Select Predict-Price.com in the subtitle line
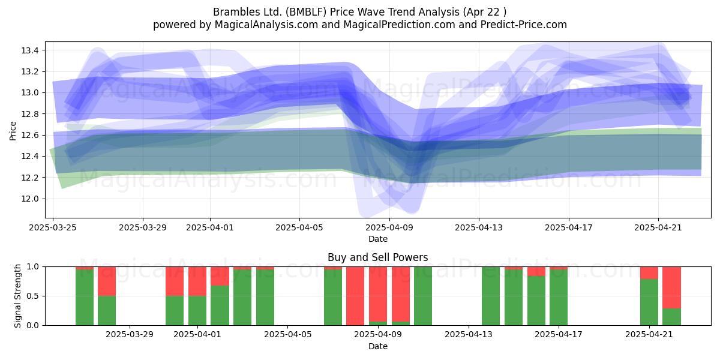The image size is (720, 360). [x=524, y=25]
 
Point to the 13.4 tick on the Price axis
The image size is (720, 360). [x=30, y=50]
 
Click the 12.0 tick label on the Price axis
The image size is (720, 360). [x=30, y=199]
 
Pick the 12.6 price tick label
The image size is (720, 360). [x=30, y=135]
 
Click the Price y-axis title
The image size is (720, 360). [x=13, y=131]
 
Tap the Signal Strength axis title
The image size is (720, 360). [x=17, y=296]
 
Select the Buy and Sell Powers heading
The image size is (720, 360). [x=377, y=257]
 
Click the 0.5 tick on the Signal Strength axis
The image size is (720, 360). [x=34, y=296]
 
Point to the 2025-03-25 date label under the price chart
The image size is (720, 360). [x=53, y=227]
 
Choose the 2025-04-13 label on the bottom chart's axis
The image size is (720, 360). [x=469, y=335]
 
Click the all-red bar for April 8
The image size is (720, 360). [x=355, y=296]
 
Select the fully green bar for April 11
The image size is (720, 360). [x=423, y=296]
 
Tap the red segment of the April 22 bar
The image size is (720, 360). [x=672, y=287]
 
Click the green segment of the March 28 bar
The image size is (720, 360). [x=107, y=311]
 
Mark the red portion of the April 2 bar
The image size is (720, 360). [x=220, y=276]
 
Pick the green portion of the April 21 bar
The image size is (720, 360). [x=649, y=302]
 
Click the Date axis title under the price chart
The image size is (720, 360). [x=377, y=239]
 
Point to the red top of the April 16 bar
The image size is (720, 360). [x=536, y=271]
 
